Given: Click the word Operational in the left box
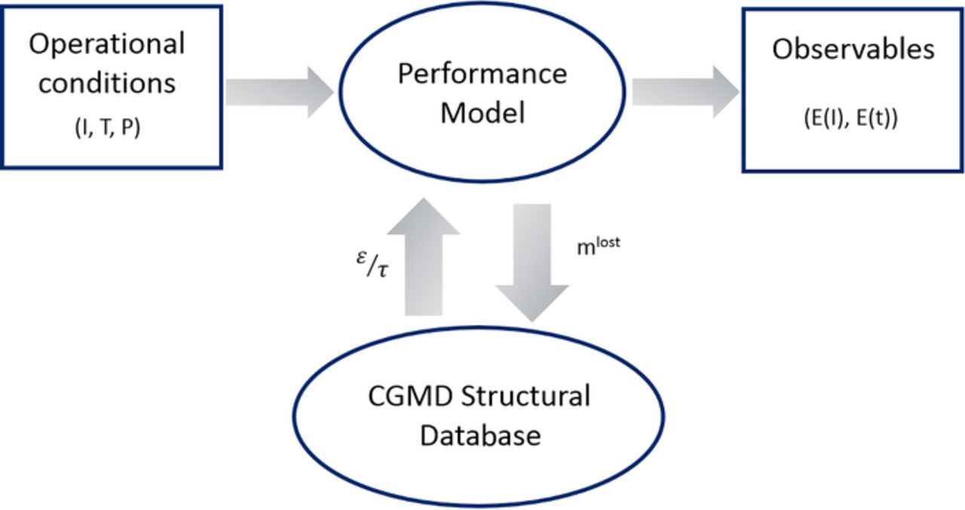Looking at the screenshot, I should pyautogui.click(x=106, y=44).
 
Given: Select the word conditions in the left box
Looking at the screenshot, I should pyautogui.click(x=106, y=82).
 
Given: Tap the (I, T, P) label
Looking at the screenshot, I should pyautogui.click(x=107, y=128).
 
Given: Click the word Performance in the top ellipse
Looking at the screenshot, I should pyautogui.click(x=482, y=74).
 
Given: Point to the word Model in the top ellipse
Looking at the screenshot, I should pyautogui.click(x=482, y=113).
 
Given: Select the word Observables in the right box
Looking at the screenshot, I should pyautogui.click(x=853, y=49).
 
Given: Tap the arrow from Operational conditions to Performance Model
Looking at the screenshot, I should pyautogui.click(x=279, y=91).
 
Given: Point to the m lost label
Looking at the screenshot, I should pyautogui.click(x=598, y=246).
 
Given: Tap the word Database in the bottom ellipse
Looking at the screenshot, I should pyautogui.click(x=479, y=435).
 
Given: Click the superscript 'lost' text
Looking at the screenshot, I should pyautogui.click(x=608, y=242).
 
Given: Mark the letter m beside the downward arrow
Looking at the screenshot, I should pyautogui.click(x=585, y=249).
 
